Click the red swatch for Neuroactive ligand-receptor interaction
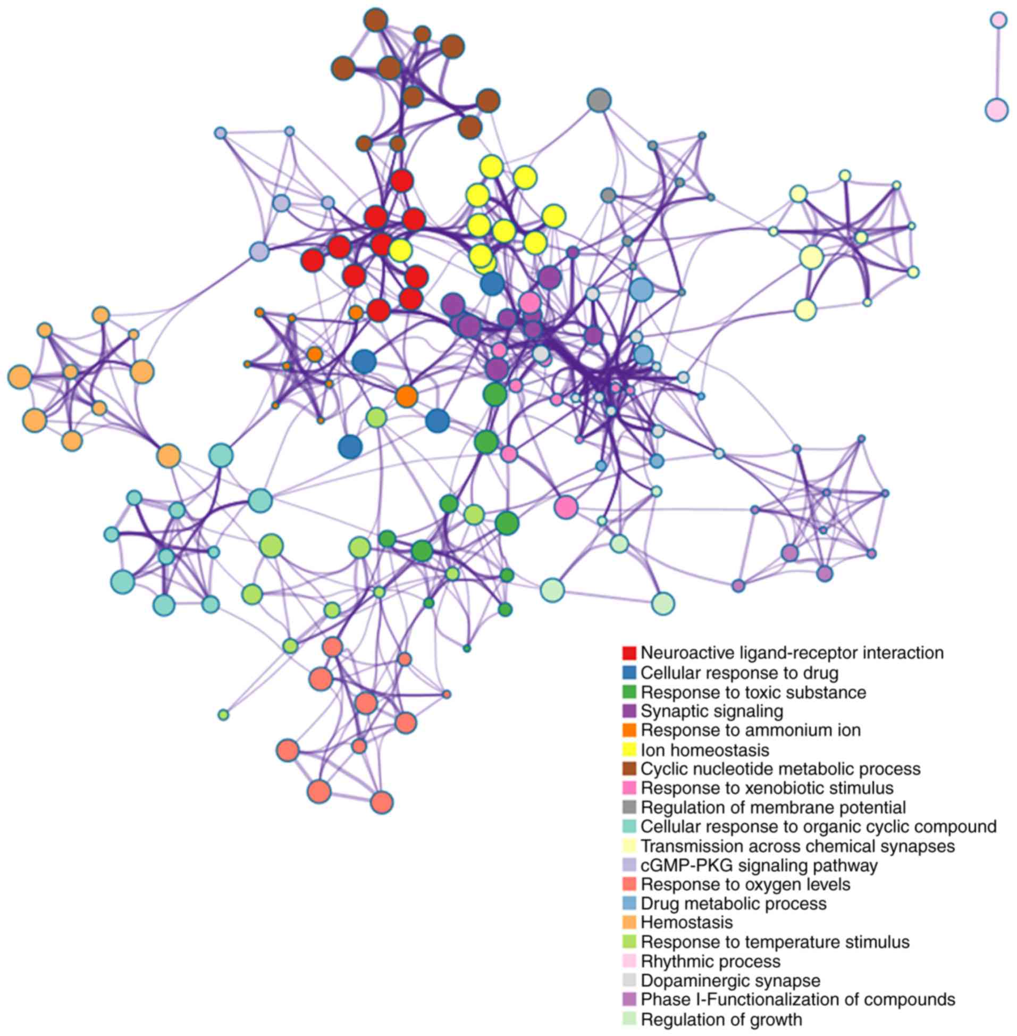pos(629,653)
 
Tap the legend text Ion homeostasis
pos(704,750)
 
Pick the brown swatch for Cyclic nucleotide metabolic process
pos(629,770)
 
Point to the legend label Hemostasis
pos(686,922)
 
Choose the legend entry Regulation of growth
pos(721,1020)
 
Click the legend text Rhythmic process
pos(710,962)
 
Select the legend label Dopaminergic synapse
pos(730,981)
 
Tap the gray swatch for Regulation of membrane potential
pos(629,807)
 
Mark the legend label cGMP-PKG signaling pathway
pos(759,865)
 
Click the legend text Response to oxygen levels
pos(745,884)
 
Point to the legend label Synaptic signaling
pos(711,711)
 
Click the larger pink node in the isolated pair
pos(996,110)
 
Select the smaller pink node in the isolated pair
pos(998,20)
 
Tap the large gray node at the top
pos(599,100)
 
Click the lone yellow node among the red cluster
pos(400,249)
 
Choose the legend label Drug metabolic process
pos(733,904)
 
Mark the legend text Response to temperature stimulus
pos(775,942)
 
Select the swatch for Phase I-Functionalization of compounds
pos(629,1000)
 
